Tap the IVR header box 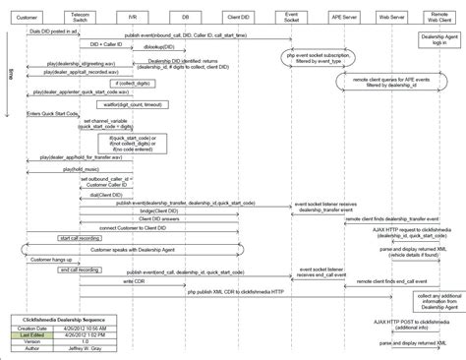click(133, 18)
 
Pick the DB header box click(184, 18)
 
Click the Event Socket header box click(292, 18)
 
